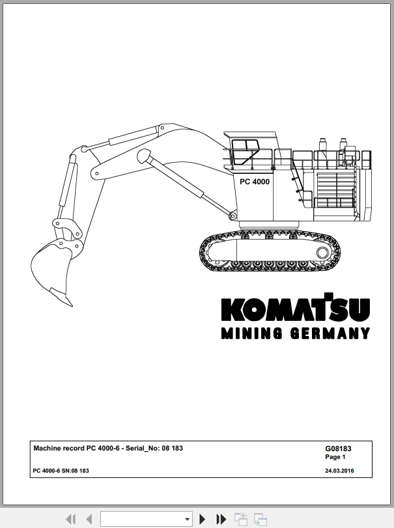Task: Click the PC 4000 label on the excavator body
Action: (x=255, y=182)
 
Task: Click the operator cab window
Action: (x=245, y=152)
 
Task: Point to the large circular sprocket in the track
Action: (x=322, y=253)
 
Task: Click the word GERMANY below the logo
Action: (x=330, y=333)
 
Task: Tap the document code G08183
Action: (x=338, y=449)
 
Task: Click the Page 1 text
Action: (x=335, y=457)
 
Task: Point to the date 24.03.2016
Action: (x=339, y=471)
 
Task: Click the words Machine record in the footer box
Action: (x=59, y=448)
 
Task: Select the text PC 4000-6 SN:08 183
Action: (x=61, y=471)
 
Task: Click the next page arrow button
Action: (x=202, y=519)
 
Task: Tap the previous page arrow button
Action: (x=89, y=519)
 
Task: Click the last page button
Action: (x=221, y=519)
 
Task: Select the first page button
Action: (x=70, y=519)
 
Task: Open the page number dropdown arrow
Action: (x=187, y=520)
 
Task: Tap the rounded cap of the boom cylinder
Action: (x=144, y=156)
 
